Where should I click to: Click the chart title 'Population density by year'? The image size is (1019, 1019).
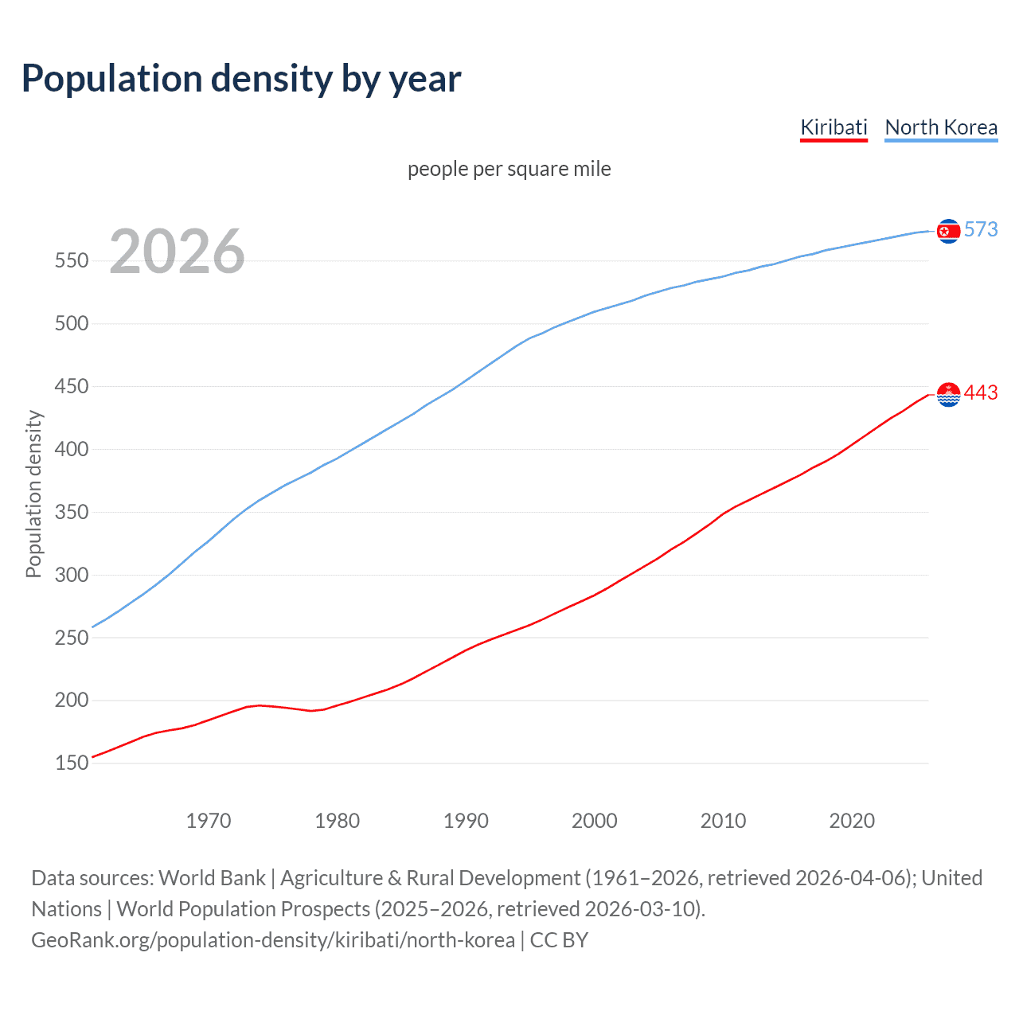pos(241,79)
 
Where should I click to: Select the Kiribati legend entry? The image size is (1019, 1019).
pos(834,127)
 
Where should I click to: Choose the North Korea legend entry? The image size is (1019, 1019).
pos(941,127)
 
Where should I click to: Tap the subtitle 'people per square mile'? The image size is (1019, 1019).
pos(509,169)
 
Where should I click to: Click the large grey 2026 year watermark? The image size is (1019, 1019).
pos(177,252)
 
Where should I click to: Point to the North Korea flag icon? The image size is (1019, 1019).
pos(948,231)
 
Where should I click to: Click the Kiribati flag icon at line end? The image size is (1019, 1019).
pos(948,394)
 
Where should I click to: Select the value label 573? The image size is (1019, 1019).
pos(981,229)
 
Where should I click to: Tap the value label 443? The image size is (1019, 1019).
pos(981,392)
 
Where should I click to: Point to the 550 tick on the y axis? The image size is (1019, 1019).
pos(72,260)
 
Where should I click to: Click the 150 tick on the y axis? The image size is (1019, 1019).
pos(72,763)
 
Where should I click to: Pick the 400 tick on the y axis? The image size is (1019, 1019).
pos(72,449)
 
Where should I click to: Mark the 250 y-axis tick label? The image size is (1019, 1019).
pos(72,638)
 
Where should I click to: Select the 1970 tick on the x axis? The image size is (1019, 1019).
pos(209,821)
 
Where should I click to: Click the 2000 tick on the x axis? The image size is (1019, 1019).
pos(595,821)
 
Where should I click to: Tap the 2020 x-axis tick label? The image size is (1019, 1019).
pos(852,821)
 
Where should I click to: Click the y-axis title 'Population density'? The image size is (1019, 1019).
pos(33,494)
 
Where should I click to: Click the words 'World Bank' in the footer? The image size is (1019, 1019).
pos(212,878)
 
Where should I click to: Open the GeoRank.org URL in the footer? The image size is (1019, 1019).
pos(273,940)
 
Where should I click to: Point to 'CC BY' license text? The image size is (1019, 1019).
pos(559,940)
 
